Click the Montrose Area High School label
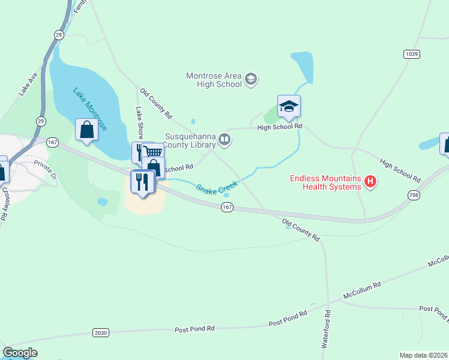[x=214, y=80]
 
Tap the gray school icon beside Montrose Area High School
[x=251, y=78]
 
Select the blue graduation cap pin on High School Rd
[x=289, y=107]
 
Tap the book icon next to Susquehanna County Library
[x=224, y=140]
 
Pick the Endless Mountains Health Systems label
[x=325, y=182]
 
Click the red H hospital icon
[x=370, y=181]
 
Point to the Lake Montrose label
[x=90, y=110]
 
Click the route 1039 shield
[x=411, y=54]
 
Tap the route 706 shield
[x=413, y=195]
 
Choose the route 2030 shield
[x=101, y=332]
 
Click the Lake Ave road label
[x=28, y=85]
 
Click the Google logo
[x=20, y=353]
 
